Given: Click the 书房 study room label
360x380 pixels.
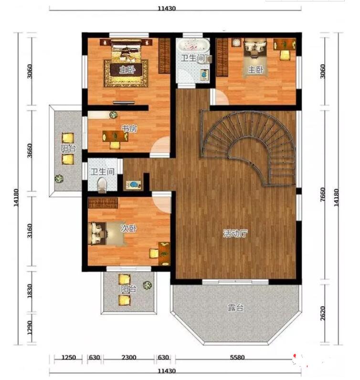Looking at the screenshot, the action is (129, 129).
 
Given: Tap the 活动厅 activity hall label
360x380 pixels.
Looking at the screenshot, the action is (235, 233).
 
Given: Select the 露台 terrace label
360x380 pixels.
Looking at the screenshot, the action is (235, 307).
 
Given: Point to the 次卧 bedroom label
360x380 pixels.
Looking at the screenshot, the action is (129, 228).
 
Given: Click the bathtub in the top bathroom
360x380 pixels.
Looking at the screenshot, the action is (193, 45).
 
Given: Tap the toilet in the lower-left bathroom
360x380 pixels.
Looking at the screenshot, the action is (102, 185).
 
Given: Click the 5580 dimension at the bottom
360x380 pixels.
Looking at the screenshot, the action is (237, 357).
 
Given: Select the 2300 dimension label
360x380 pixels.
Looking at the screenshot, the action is (129, 357).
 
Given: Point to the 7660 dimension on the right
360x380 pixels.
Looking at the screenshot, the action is (322, 194).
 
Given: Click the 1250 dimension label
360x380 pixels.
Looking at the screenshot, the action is (69, 357).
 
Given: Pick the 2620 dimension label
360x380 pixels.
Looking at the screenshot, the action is (322, 313).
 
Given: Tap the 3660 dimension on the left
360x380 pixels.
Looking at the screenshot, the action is (30, 151).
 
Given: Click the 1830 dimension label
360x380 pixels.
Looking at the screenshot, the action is (30, 291).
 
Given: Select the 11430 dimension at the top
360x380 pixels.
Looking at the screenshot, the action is (167, 9).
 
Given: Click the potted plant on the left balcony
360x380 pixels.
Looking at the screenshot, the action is (59, 179).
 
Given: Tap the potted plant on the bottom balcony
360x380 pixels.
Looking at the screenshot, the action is (147, 285).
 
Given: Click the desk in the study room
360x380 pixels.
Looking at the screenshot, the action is (115, 136).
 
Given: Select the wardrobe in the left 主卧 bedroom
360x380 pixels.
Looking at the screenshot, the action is (164, 56).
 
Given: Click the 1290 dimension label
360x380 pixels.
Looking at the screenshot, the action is (30, 327).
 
